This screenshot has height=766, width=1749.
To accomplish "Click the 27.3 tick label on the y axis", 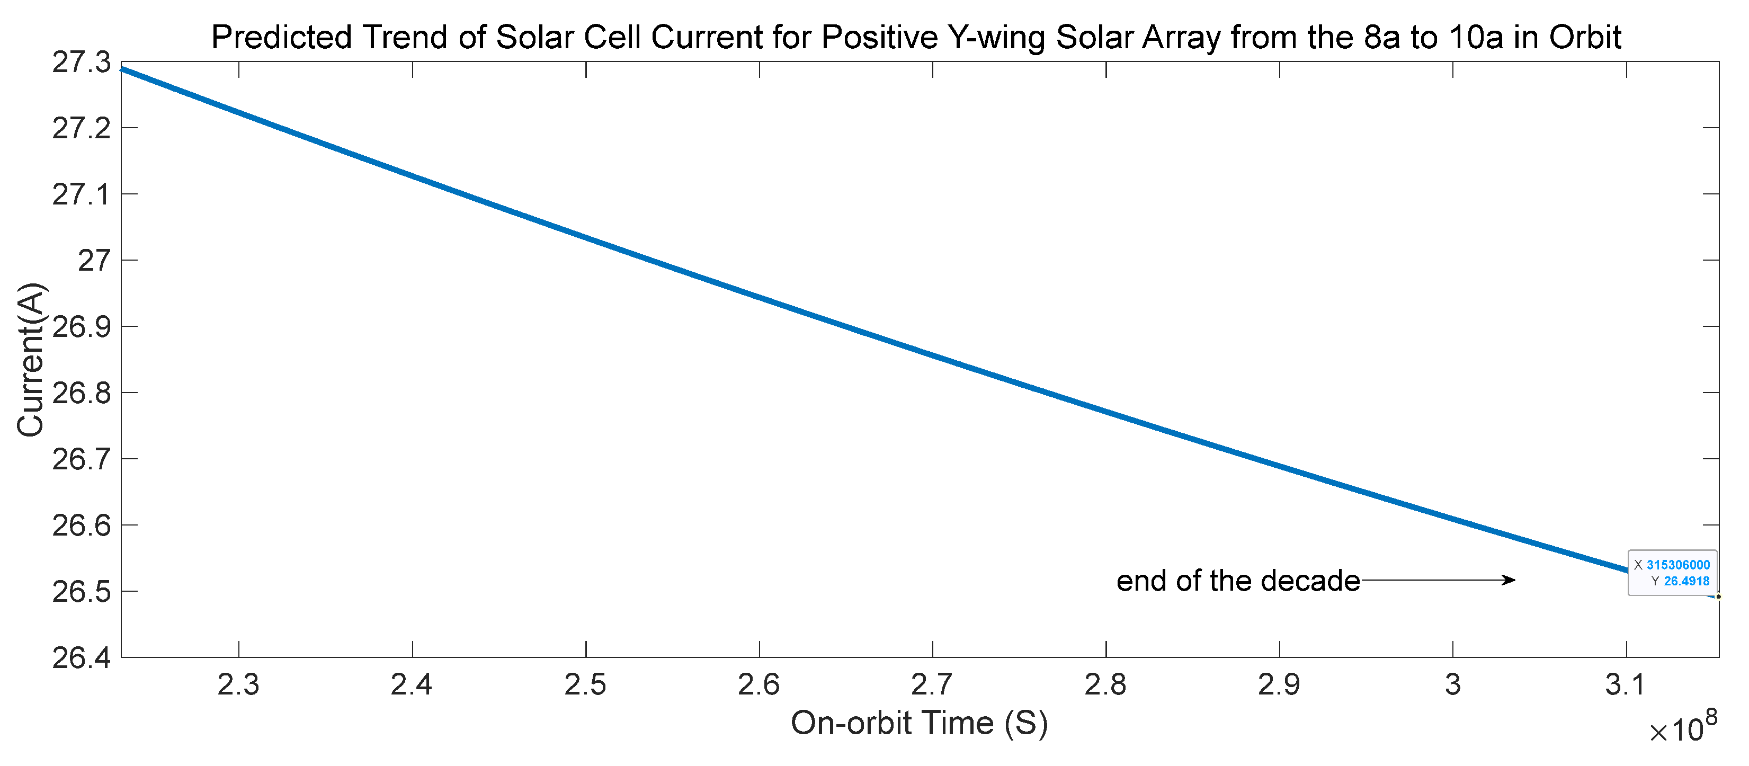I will click(x=81, y=63).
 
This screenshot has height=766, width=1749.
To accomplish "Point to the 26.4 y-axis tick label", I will click(x=81, y=658).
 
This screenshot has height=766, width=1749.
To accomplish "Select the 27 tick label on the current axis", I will click(x=94, y=261).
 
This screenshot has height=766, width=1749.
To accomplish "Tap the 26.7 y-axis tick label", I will click(x=81, y=460).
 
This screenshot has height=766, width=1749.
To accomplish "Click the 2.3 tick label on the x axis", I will click(x=238, y=684).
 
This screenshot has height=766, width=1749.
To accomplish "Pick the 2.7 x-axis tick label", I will click(x=932, y=684).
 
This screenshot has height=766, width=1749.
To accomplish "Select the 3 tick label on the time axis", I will click(x=1453, y=684).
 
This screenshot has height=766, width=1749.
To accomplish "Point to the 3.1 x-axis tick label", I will click(x=1626, y=684).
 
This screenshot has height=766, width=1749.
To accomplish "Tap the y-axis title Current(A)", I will click(x=31, y=359).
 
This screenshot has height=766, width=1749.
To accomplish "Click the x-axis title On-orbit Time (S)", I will click(x=920, y=723).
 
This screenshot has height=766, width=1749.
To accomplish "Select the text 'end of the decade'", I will click(x=1238, y=581).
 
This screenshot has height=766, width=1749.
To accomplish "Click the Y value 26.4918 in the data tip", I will click(x=1686, y=581).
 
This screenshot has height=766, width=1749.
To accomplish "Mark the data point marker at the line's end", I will click(x=1718, y=597).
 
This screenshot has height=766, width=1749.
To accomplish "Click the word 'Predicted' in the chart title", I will click(x=282, y=38).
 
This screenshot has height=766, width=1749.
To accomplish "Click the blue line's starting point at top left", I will click(x=123, y=68).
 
